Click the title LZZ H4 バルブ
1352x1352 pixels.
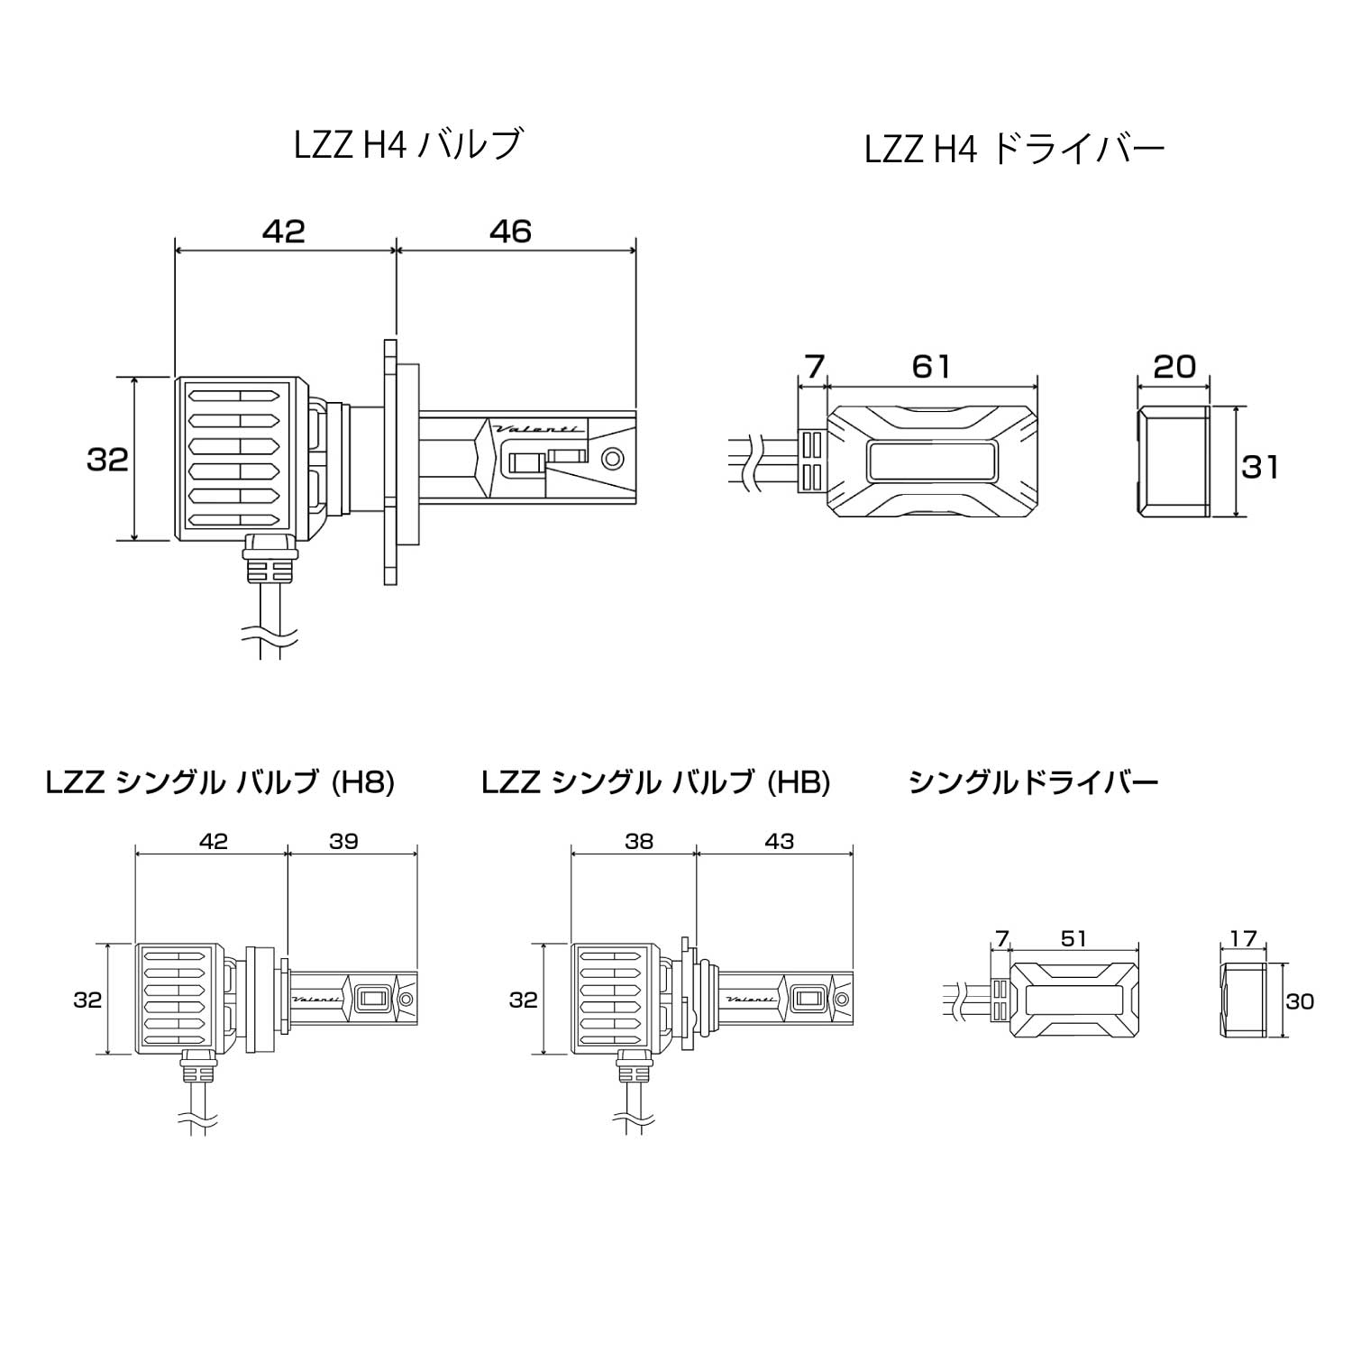(x=408, y=145)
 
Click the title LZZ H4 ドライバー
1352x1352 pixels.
(x=1014, y=150)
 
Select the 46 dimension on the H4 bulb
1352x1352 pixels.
(x=511, y=232)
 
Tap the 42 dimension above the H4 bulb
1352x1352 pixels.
(x=284, y=232)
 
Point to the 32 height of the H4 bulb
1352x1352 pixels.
(x=107, y=460)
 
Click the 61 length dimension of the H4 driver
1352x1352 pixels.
(x=931, y=367)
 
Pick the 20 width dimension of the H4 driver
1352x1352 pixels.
(x=1174, y=367)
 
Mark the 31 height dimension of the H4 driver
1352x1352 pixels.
(x=1259, y=467)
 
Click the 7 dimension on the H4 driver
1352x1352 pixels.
(x=813, y=367)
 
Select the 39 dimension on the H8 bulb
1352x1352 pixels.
(x=344, y=841)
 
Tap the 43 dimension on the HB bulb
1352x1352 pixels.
(x=779, y=841)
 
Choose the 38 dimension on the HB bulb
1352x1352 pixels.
(x=638, y=841)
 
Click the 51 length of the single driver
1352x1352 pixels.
(x=1073, y=938)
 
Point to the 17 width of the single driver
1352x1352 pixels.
(x=1243, y=938)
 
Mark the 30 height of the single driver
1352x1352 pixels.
(x=1300, y=1001)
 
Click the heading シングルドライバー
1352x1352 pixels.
(x=1033, y=781)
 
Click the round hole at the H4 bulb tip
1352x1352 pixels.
(x=614, y=458)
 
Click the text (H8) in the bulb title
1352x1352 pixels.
(x=362, y=782)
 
